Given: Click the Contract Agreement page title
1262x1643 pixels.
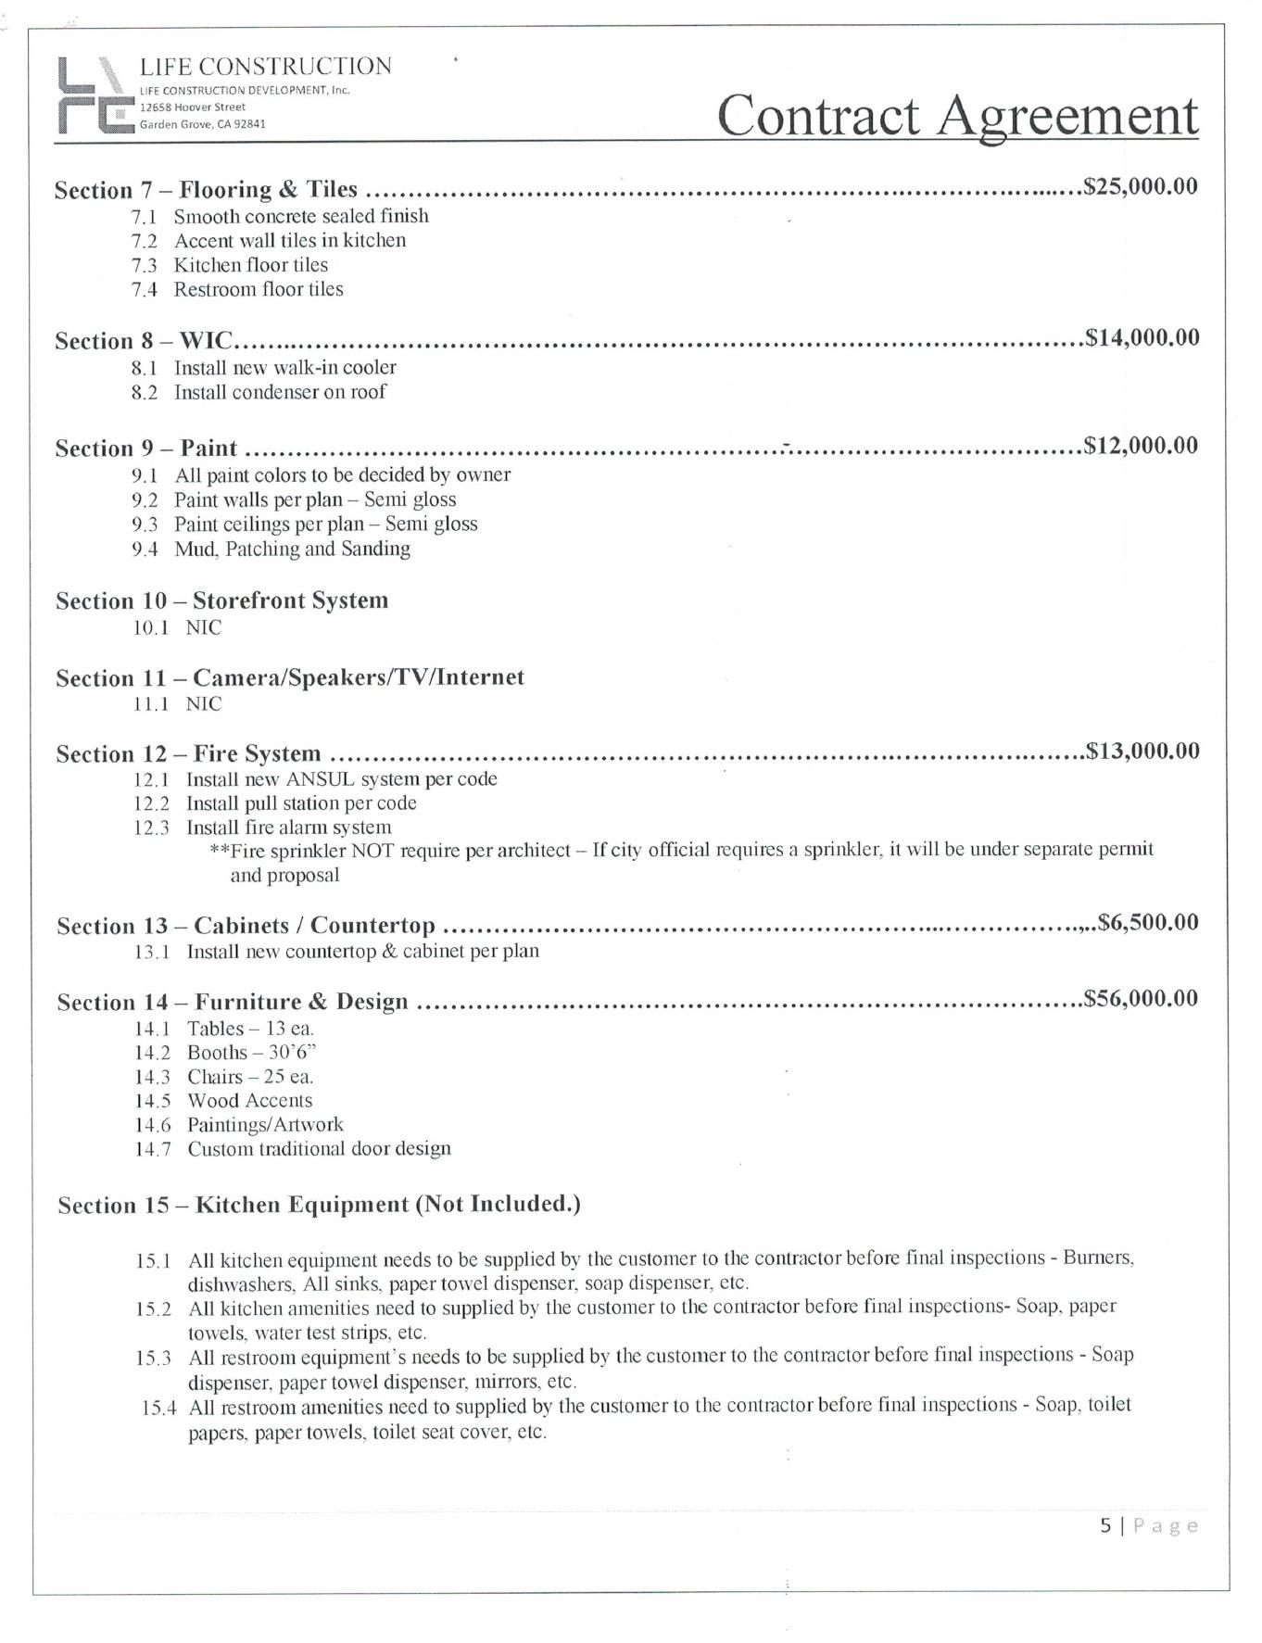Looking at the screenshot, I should [x=956, y=116].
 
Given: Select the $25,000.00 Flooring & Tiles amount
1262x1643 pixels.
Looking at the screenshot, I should [x=1141, y=186].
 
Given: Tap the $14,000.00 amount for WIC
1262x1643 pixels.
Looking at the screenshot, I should [x=1142, y=337].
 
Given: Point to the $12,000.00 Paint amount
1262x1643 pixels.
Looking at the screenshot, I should [x=1141, y=446].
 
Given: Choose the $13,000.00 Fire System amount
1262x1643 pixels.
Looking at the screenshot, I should [x=1142, y=751].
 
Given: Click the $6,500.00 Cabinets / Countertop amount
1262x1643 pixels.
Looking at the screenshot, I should [x=1147, y=922].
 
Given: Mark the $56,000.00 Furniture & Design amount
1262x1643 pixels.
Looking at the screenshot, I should [x=1141, y=998].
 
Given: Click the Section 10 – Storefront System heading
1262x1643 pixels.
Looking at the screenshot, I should [x=221, y=600].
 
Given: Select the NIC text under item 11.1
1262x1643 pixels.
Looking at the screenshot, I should [x=204, y=704].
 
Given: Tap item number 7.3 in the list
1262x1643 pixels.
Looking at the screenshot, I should [x=144, y=265].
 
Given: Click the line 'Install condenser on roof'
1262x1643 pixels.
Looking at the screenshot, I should [x=280, y=392].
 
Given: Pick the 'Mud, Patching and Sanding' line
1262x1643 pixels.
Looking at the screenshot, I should [x=292, y=549].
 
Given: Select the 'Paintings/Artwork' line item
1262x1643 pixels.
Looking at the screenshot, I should [x=265, y=1125].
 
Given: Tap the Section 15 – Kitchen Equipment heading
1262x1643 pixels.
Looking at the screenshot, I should [x=319, y=1205].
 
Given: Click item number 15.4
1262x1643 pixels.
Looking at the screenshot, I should [x=158, y=1409].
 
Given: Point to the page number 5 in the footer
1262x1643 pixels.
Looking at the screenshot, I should [x=1105, y=1525].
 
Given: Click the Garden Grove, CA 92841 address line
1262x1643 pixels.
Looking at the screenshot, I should [x=203, y=124].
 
